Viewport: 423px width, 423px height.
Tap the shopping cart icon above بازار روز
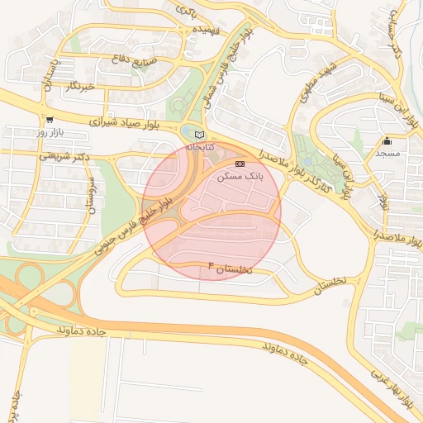[x=50, y=120]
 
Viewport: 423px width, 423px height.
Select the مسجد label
[x=387, y=154]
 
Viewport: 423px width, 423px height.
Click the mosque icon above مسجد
[x=387, y=141]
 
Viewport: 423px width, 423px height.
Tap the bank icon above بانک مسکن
[x=240, y=164]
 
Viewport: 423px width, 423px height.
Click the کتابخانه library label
[x=199, y=146]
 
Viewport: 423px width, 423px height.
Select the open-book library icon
[x=197, y=134]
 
